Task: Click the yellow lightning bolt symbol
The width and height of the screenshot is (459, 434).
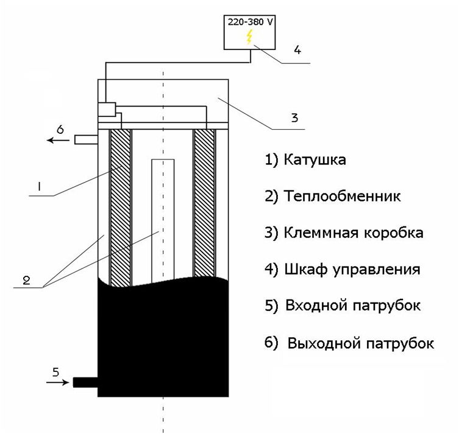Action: point(248,38)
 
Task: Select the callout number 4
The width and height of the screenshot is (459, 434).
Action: point(297,51)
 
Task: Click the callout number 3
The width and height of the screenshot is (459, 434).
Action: point(294,117)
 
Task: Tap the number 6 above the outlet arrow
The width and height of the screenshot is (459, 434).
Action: point(59,129)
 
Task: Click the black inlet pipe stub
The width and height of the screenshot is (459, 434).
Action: point(85,382)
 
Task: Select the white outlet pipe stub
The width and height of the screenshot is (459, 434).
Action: point(86,140)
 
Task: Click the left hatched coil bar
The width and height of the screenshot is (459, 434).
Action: point(119,207)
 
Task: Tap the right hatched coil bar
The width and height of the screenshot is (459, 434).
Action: point(204,201)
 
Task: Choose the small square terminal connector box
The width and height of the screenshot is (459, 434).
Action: point(107,110)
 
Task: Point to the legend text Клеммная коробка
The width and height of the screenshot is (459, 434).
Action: point(353,233)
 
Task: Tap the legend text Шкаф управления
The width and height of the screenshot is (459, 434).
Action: point(352,269)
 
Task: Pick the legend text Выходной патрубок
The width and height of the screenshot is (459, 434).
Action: point(356,343)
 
